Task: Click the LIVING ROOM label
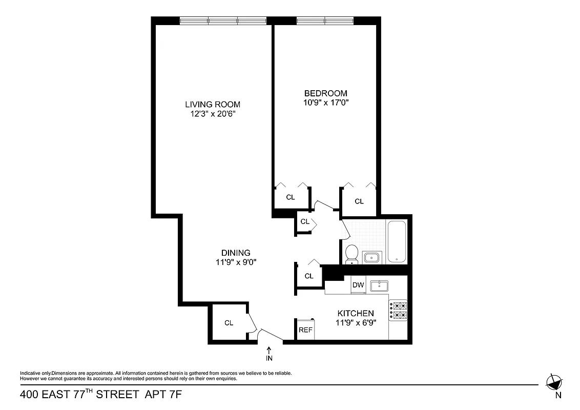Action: tap(213, 105)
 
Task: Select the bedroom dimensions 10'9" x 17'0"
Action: tap(326, 102)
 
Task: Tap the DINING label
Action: tap(236, 253)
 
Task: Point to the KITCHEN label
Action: tap(355, 313)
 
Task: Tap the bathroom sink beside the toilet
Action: tap(372, 256)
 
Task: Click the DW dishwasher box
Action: tap(358, 285)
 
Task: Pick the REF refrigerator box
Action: tap(305, 330)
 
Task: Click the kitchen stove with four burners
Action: tap(398, 310)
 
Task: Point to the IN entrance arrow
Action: tap(269, 354)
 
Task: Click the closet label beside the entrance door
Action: tap(229, 323)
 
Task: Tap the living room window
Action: tap(223, 20)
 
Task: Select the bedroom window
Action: tap(325, 20)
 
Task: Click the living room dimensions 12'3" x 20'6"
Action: tap(213, 114)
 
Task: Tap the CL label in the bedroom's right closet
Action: tap(359, 201)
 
